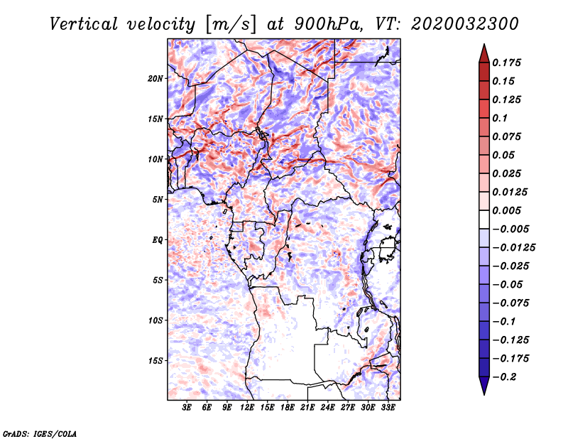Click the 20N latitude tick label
pos(155,79)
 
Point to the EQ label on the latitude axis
pos(158,240)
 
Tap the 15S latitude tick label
pos(155,361)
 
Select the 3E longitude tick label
pos(187,407)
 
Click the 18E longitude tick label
pos(288,407)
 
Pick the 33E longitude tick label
pos(388,407)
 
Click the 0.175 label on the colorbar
pos(506,63)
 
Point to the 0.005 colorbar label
pos(506,210)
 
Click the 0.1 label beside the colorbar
pos(500,118)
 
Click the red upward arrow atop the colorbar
pos(484,53)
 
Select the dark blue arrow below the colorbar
pos(484,386)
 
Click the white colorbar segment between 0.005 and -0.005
pos(484,220)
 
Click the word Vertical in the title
pos(83,24)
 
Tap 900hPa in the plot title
pos(327,24)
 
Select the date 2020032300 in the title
pos(465,24)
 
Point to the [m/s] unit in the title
pos(230,25)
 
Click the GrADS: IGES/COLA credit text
pos(40,433)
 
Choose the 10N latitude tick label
pos(155,160)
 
